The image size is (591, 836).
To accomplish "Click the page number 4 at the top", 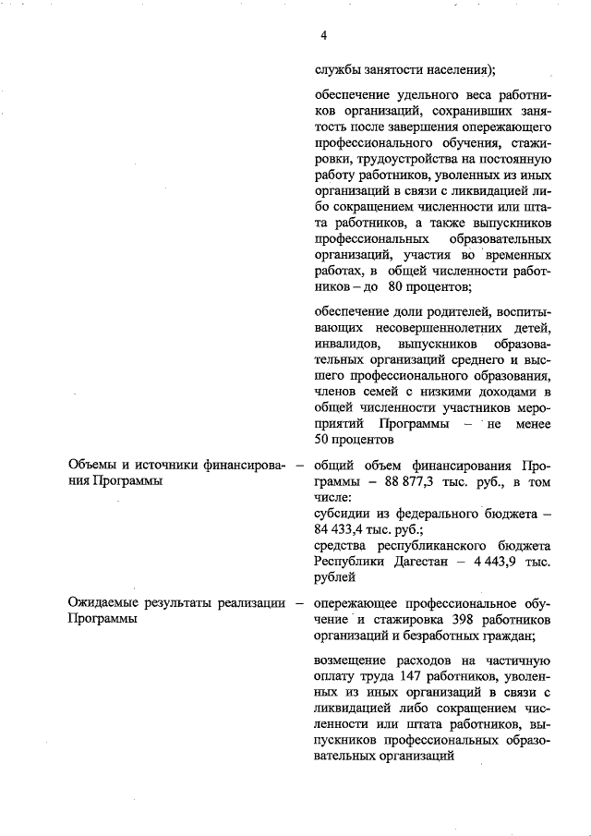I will [323, 36].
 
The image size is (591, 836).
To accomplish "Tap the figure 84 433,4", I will [341, 530].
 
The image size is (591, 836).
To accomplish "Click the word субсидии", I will [343, 514].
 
